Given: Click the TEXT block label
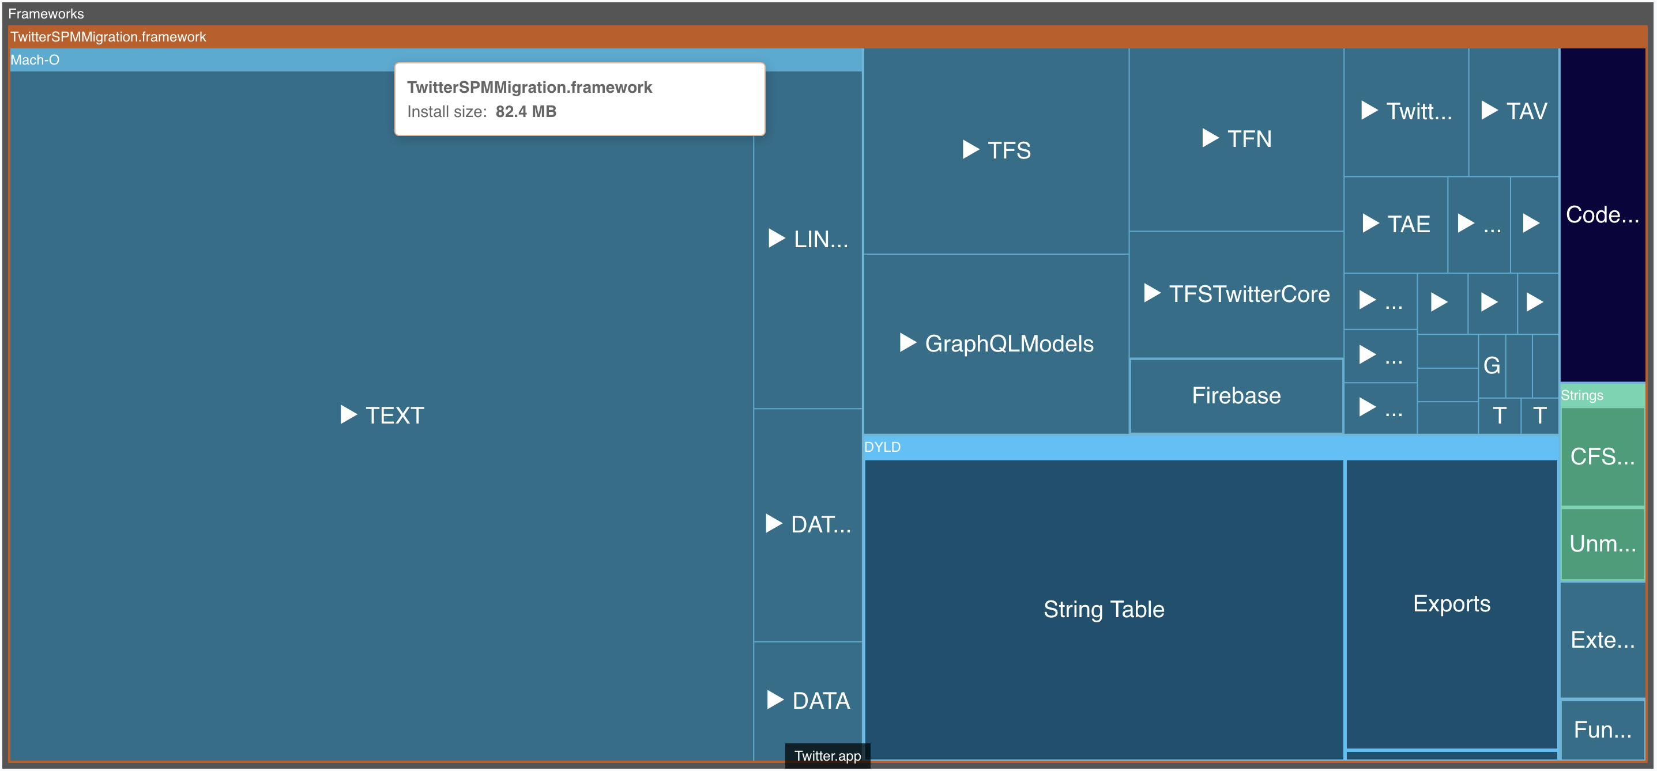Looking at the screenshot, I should point(394,415).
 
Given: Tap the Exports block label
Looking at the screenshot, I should point(1451,603).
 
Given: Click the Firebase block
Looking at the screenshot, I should point(1236,395).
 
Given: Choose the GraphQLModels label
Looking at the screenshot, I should point(1008,343).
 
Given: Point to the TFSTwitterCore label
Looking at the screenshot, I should point(1249,294).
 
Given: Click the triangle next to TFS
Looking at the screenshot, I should point(970,150).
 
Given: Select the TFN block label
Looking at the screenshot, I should point(1249,139).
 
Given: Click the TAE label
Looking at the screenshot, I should point(1408,224).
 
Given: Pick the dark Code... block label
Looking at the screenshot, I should point(1602,214).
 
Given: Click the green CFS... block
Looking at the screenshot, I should point(1602,456).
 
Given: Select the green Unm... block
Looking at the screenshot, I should point(1602,543).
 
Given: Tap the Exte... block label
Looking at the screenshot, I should point(1602,639).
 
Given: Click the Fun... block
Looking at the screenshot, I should point(1602,729).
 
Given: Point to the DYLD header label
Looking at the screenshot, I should point(882,447).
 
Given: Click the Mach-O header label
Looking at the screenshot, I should point(35,60).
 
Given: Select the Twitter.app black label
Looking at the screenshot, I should point(827,755).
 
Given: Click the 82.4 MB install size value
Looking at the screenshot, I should point(526,111).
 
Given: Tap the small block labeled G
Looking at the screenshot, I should point(1491,365).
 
